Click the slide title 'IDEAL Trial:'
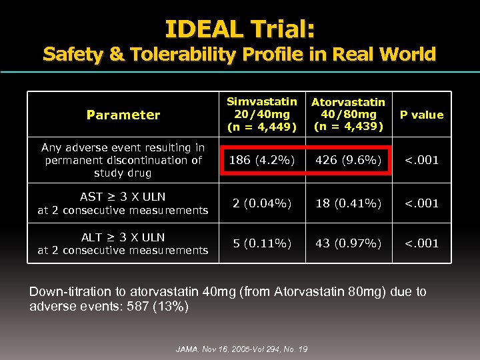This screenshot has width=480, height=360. pos(240,29)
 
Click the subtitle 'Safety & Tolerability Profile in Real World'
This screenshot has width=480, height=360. pos(239,54)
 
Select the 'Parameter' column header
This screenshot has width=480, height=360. pos(123,115)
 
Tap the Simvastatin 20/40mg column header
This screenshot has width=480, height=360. pos(262,114)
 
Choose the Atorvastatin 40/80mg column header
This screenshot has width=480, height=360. pos(348,114)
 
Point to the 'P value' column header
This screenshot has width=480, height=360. pos(421,115)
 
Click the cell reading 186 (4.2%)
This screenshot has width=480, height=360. pos(262,160)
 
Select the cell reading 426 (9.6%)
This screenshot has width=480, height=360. pos(348,160)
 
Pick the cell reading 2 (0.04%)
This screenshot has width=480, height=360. pos(262,203)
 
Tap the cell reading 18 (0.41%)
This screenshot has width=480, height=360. pos(348,203)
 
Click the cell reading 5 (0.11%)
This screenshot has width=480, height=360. pos(262,243)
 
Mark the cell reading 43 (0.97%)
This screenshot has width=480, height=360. pos(348,243)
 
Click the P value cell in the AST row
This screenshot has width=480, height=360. pos(421,203)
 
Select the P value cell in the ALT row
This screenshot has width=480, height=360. pos(421,243)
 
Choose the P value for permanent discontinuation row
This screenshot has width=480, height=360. pos(421,160)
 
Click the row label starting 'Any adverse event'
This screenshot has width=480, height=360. pos(123,160)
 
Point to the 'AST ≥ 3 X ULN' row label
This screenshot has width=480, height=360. pos(123,203)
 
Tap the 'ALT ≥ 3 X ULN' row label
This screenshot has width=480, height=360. pos(123,243)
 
